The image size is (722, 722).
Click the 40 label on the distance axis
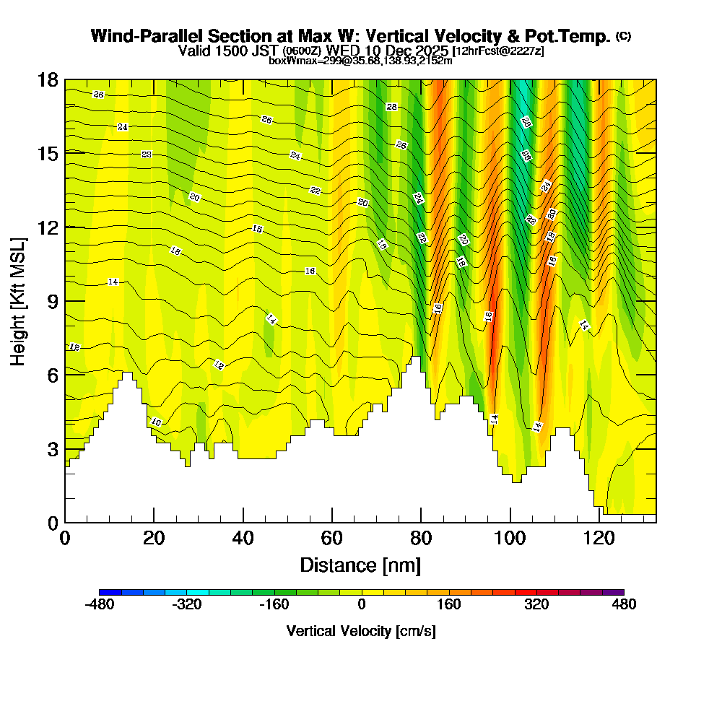(243, 539)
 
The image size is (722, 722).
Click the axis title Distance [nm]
(360, 565)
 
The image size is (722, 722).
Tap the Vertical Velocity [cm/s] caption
(361, 631)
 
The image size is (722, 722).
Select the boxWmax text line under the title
(361, 61)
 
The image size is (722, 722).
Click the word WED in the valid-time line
(341, 51)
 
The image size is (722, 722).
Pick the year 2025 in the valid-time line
(429, 51)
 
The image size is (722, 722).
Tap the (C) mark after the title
(623, 36)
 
